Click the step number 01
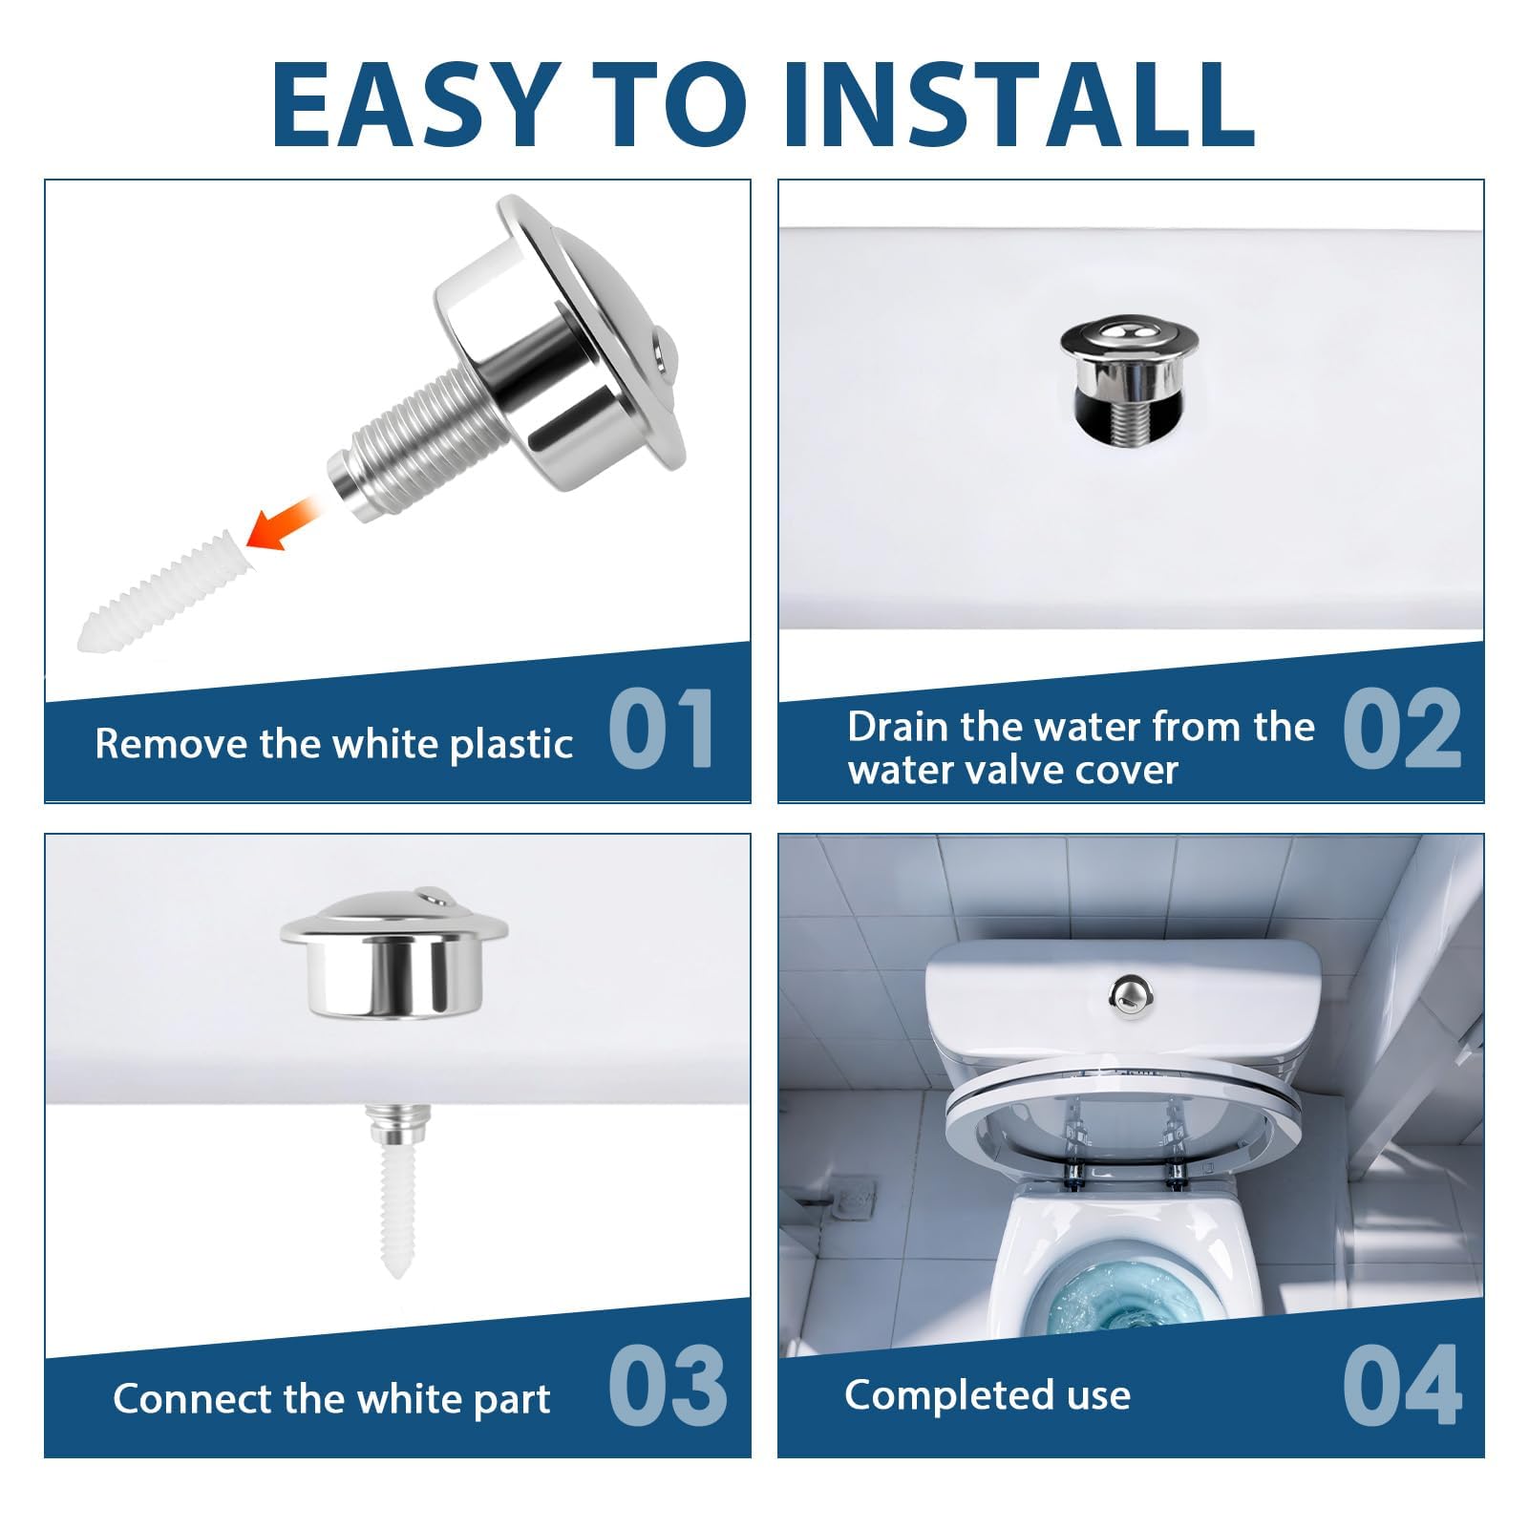[662, 729]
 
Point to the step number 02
[1402, 729]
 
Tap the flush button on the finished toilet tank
[1129, 992]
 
